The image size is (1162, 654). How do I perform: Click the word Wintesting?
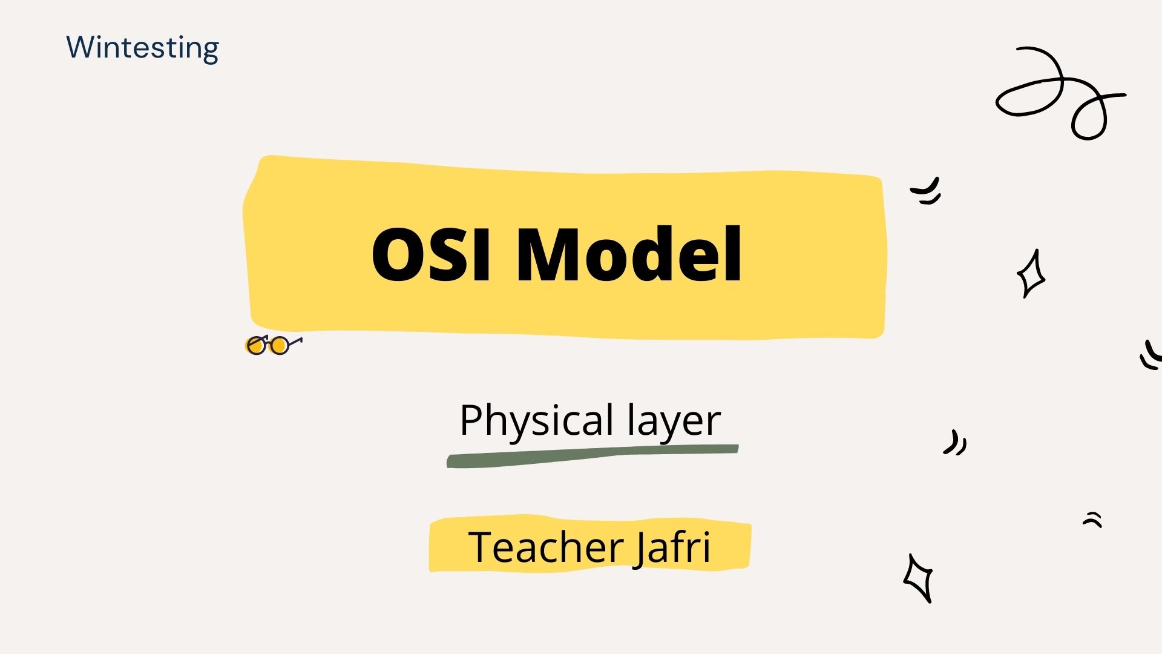tap(143, 48)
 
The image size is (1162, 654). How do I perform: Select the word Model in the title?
tap(629, 253)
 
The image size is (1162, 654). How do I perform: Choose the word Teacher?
tap(547, 547)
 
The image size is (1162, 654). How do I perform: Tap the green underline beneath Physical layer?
tap(592, 456)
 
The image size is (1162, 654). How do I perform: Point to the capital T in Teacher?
tap(482, 547)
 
